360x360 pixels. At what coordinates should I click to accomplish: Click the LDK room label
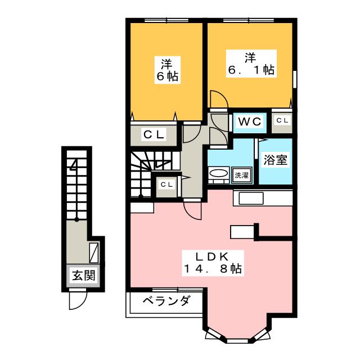click(211, 256)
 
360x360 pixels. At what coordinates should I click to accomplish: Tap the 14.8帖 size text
click(211, 269)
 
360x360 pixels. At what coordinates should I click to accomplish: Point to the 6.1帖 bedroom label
click(250, 64)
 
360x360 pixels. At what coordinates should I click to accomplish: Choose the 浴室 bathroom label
click(276, 160)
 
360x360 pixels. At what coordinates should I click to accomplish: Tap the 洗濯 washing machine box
click(241, 175)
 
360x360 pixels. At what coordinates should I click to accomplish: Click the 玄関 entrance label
click(83, 276)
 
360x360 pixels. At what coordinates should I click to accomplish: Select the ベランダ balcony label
click(165, 301)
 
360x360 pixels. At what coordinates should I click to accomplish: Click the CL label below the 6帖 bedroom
click(153, 134)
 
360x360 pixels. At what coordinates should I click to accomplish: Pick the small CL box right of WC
click(282, 120)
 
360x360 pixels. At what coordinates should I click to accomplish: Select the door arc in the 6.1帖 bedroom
click(219, 100)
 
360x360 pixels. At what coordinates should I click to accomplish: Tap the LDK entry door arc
click(193, 211)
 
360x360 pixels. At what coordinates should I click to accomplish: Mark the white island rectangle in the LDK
click(242, 231)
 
